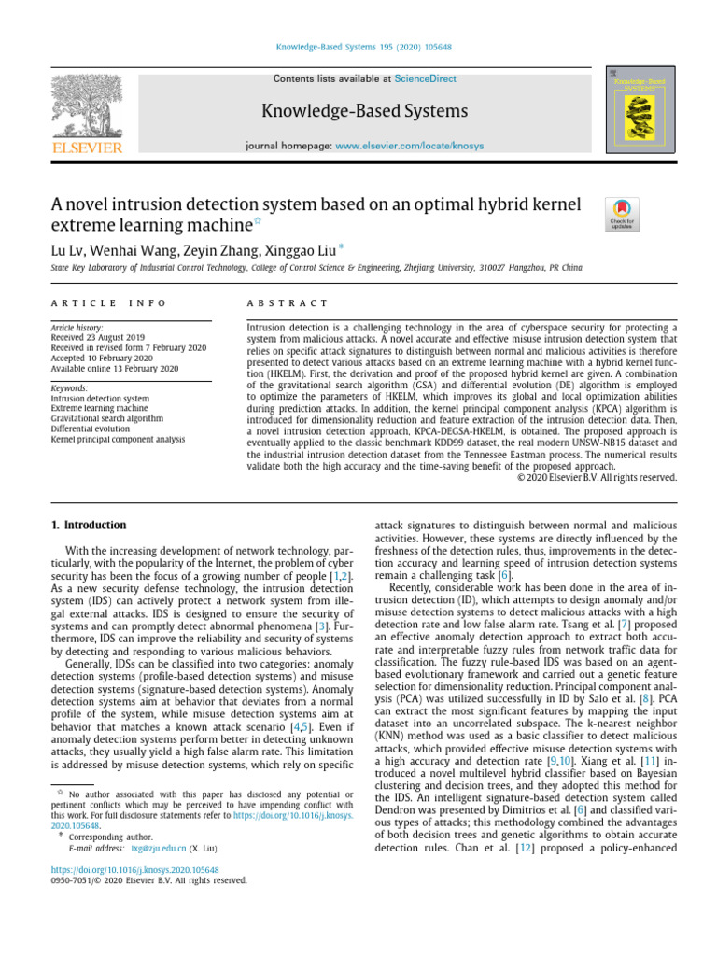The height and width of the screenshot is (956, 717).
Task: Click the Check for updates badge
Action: (623, 214)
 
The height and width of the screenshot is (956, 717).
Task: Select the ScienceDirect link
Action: (426, 79)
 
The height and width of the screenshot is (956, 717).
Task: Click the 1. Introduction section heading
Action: (88, 526)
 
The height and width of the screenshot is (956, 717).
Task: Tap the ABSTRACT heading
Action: (287, 303)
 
